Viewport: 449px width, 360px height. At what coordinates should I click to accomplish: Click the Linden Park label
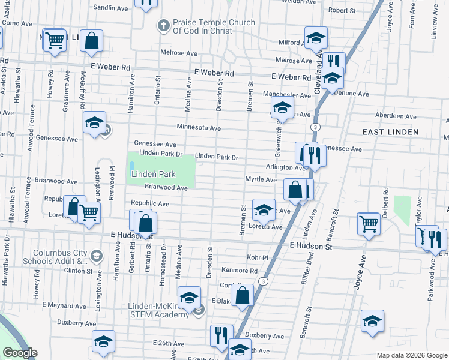click(x=152, y=174)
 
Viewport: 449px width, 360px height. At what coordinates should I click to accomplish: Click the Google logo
click(x=20, y=353)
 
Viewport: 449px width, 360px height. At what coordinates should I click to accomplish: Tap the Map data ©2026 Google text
click(x=411, y=355)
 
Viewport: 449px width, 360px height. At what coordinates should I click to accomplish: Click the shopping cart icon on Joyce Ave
click(x=369, y=223)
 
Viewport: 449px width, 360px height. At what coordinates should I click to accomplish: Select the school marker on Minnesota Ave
click(x=94, y=122)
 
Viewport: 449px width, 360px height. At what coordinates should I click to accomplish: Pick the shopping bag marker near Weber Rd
click(x=92, y=41)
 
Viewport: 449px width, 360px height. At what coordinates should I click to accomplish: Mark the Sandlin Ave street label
click(x=112, y=8)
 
